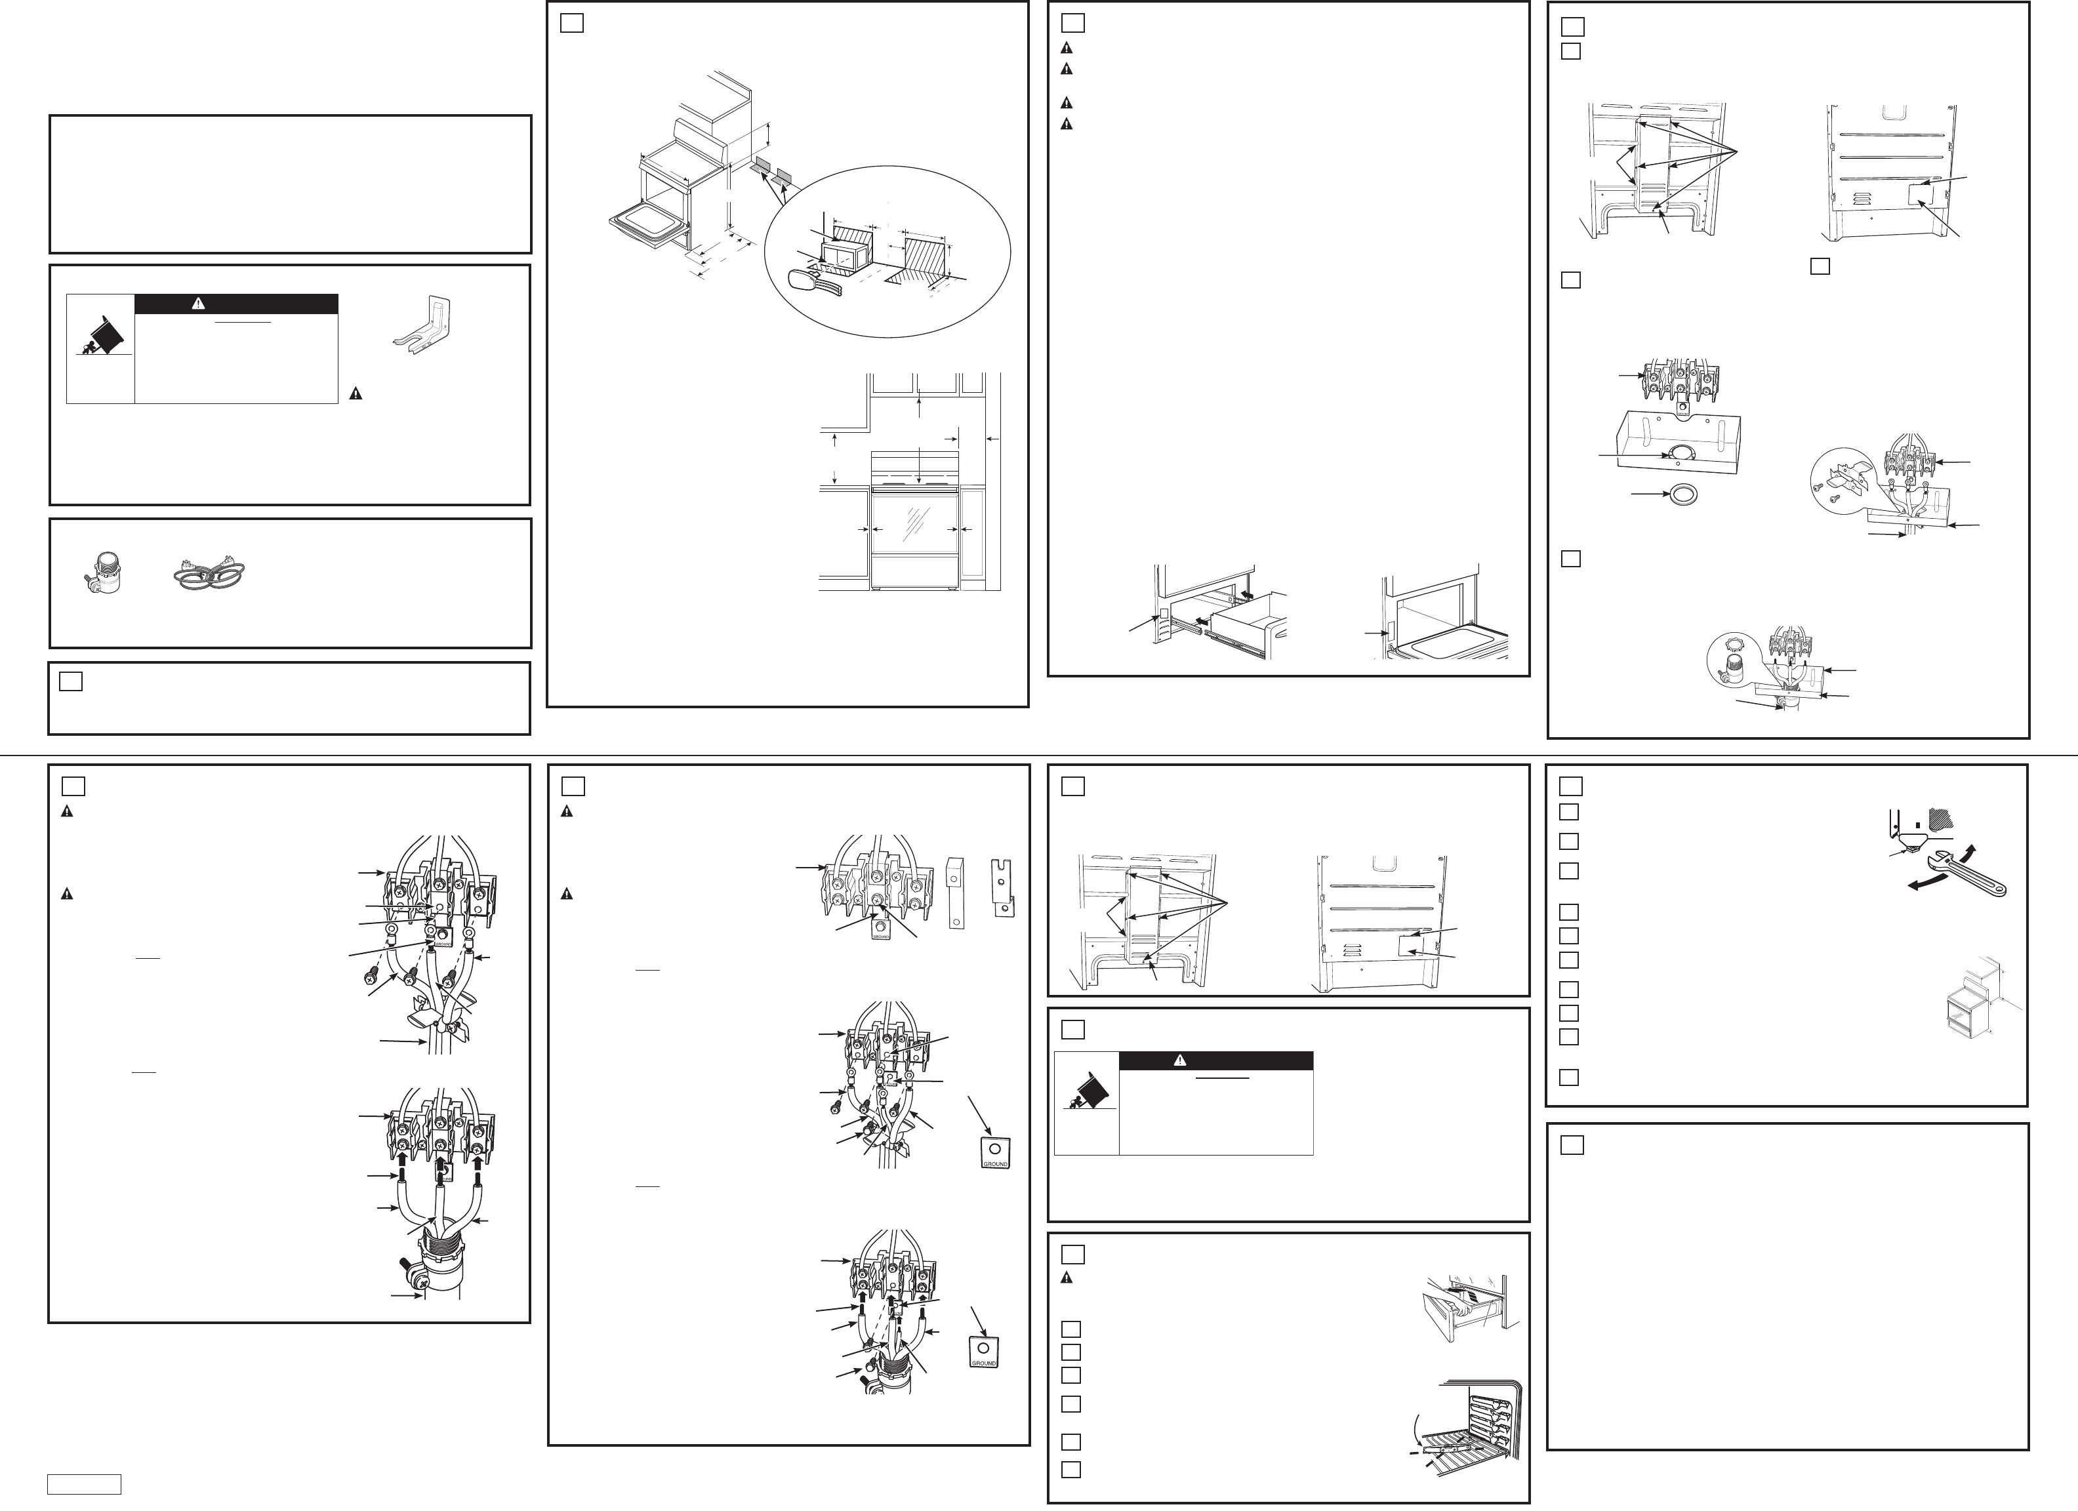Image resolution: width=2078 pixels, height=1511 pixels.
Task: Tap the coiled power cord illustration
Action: pyautogui.click(x=210, y=575)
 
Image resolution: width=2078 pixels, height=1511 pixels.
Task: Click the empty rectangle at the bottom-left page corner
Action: pyautogui.click(x=85, y=1483)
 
